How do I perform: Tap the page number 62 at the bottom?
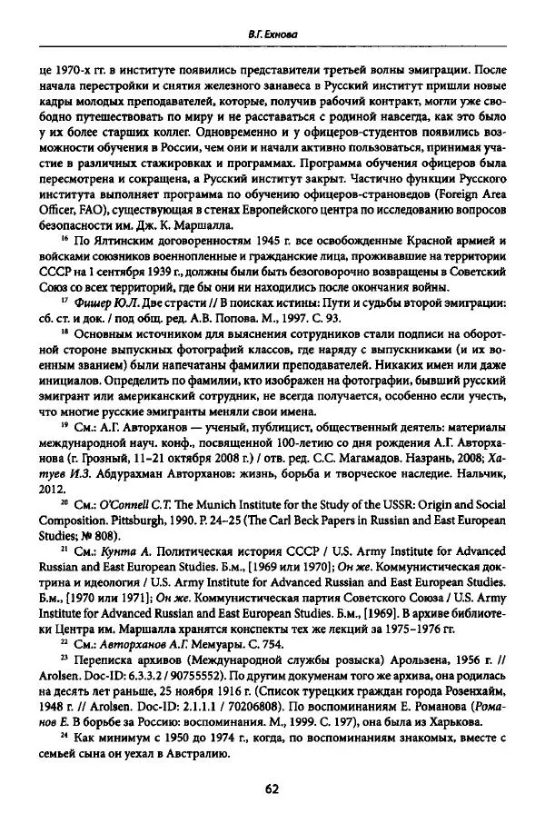(x=272, y=788)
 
